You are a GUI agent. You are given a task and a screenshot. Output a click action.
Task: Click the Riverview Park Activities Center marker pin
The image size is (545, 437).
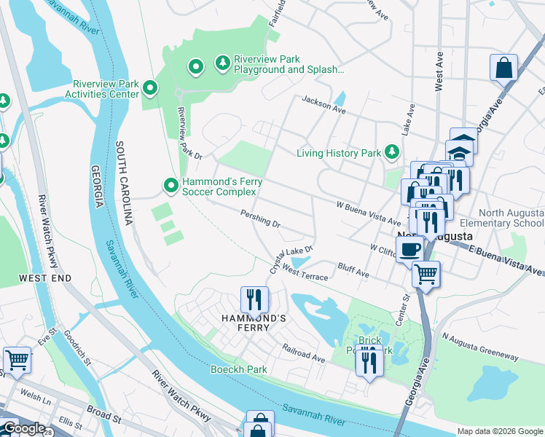[150, 88]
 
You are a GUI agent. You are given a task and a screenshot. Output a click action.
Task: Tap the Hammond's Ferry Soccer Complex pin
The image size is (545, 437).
[170, 186]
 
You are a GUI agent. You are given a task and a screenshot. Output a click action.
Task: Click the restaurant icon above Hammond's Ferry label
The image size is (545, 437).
[254, 298]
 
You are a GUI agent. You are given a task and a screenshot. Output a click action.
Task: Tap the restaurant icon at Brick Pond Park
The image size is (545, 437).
[369, 361]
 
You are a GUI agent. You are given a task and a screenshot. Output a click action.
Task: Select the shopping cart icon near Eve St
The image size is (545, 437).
[17, 360]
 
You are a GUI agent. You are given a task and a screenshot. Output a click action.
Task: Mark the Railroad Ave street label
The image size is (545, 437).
[304, 354]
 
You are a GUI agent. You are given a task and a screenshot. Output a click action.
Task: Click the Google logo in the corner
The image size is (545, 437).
[23, 428]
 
